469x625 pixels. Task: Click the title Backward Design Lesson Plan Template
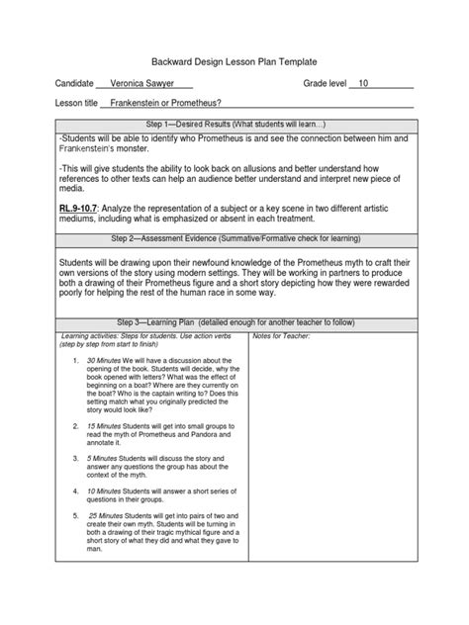pyautogui.click(x=235, y=59)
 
